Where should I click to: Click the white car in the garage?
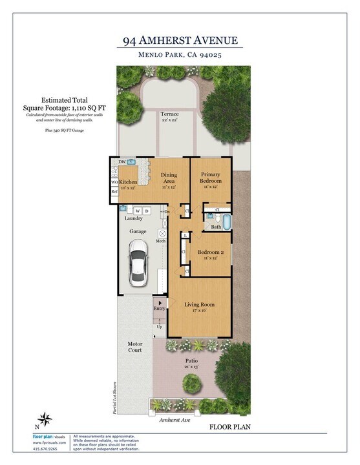(138, 262)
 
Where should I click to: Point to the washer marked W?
(138, 211)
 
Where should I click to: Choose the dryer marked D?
(147, 211)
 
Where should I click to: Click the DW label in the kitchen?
(122, 161)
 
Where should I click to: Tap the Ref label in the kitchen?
(114, 192)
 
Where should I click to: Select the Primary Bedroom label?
(211, 178)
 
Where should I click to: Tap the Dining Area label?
(169, 178)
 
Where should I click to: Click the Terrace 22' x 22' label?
(170, 117)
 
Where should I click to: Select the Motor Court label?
(134, 348)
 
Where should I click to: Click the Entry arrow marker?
(160, 302)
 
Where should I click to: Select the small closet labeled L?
(185, 235)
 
